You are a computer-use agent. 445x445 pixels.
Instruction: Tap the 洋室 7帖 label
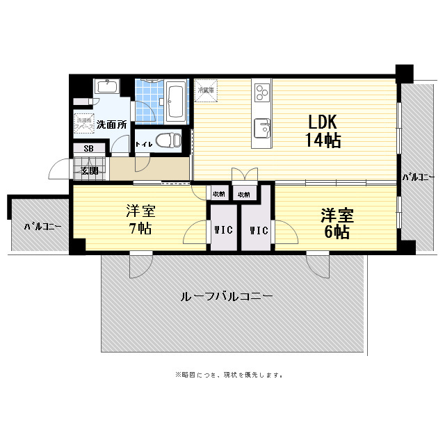click(x=139, y=220)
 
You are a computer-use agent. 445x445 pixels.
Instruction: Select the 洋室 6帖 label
click(x=336, y=222)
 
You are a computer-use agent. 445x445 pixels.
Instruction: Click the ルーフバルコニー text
click(x=227, y=296)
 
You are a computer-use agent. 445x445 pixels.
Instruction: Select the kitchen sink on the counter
click(x=262, y=128)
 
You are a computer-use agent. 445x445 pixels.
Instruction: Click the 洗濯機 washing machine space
click(x=84, y=122)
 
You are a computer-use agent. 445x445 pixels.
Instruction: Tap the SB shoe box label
click(x=88, y=148)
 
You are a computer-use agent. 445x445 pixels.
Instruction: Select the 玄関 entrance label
click(x=88, y=170)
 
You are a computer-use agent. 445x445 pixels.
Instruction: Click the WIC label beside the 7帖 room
click(x=223, y=230)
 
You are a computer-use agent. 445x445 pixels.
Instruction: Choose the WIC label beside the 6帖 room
click(x=258, y=230)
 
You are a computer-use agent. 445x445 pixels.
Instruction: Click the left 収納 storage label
click(x=218, y=194)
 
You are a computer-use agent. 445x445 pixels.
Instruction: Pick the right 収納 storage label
click(x=244, y=194)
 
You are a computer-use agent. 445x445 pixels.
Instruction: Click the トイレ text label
click(x=144, y=145)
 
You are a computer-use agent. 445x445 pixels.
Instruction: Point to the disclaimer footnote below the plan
click(x=229, y=375)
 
